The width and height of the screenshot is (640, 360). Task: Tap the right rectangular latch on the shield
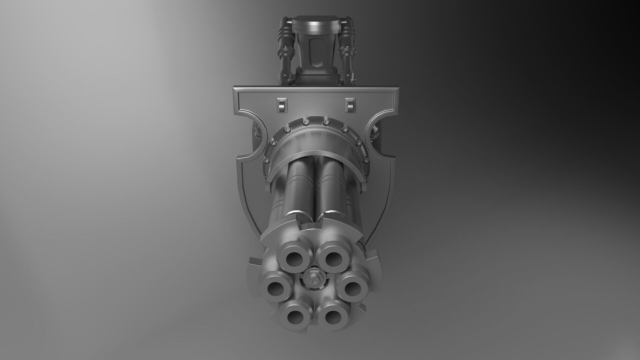pos(349,105)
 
